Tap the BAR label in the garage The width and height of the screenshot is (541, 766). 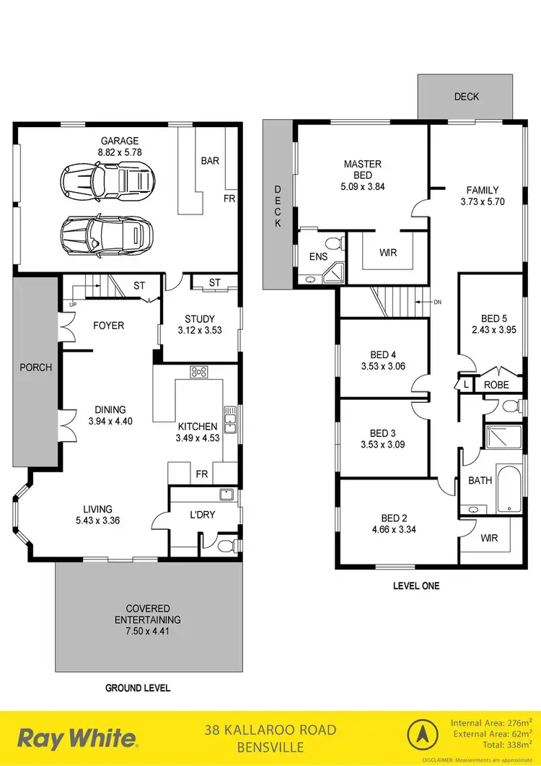tap(210, 161)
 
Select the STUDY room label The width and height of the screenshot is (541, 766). tap(200, 319)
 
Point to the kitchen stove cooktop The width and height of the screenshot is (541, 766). tap(199, 373)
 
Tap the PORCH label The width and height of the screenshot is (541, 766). tap(35, 367)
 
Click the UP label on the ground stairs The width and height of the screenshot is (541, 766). tap(73, 304)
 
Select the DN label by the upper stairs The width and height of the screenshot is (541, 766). tap(437, 302)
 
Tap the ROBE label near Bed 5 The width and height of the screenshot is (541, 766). tap(496, 386)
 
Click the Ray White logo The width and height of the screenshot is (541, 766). tap(76, 739)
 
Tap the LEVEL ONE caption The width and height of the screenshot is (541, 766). tap(416, 586)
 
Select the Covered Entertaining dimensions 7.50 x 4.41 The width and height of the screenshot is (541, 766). tap(148, 632)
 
